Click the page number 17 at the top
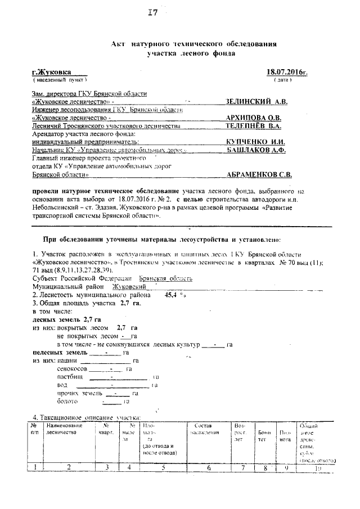(152, 13)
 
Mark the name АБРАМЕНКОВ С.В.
(259, 175)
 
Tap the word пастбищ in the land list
(70, 376)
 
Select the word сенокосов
(73, 368)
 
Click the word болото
(69, 401)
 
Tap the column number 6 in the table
(209, 466)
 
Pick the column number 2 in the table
(69, 466)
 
